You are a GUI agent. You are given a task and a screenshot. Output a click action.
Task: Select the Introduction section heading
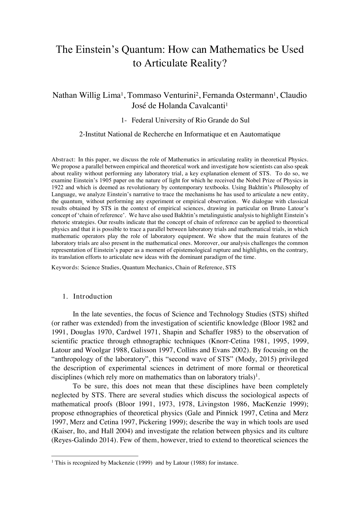[x=93, y=297]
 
